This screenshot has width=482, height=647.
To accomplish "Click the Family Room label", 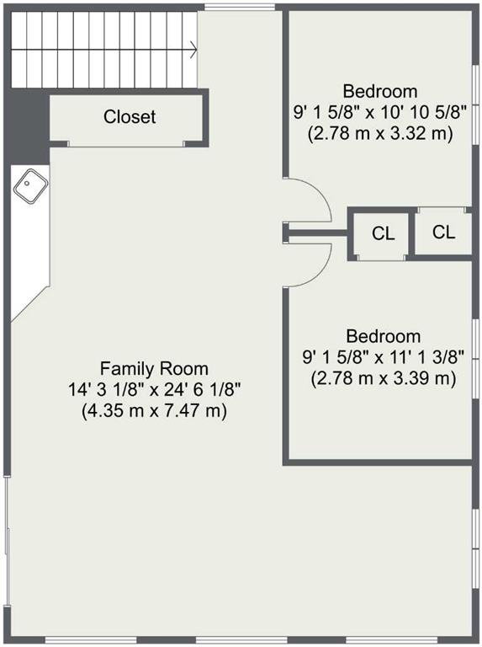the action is click(154, 368).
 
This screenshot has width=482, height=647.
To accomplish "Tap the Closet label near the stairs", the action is click(130, 117).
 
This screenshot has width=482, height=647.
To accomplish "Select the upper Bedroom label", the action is click(380, 91).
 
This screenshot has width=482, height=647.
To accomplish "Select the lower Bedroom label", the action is click(383, 336).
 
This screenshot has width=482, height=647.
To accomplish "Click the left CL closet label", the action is click(383, 233).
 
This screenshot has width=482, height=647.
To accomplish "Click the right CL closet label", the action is click(443, 233).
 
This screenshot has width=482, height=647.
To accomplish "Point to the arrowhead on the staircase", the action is click(193, 50).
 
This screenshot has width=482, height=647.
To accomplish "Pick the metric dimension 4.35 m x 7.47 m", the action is click(154, 411).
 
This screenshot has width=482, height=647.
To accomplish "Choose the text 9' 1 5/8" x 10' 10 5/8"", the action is click(380, 112).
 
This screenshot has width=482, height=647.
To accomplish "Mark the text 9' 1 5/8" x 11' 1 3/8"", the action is click(383, 357).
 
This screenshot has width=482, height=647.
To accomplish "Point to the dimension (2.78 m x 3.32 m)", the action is click(380, 134).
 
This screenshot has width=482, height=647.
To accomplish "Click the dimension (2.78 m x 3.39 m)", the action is click(383, 379).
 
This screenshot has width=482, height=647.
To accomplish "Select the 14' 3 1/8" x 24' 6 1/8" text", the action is click(154, 389).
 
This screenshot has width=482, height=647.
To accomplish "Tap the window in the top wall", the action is click(240, 7).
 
